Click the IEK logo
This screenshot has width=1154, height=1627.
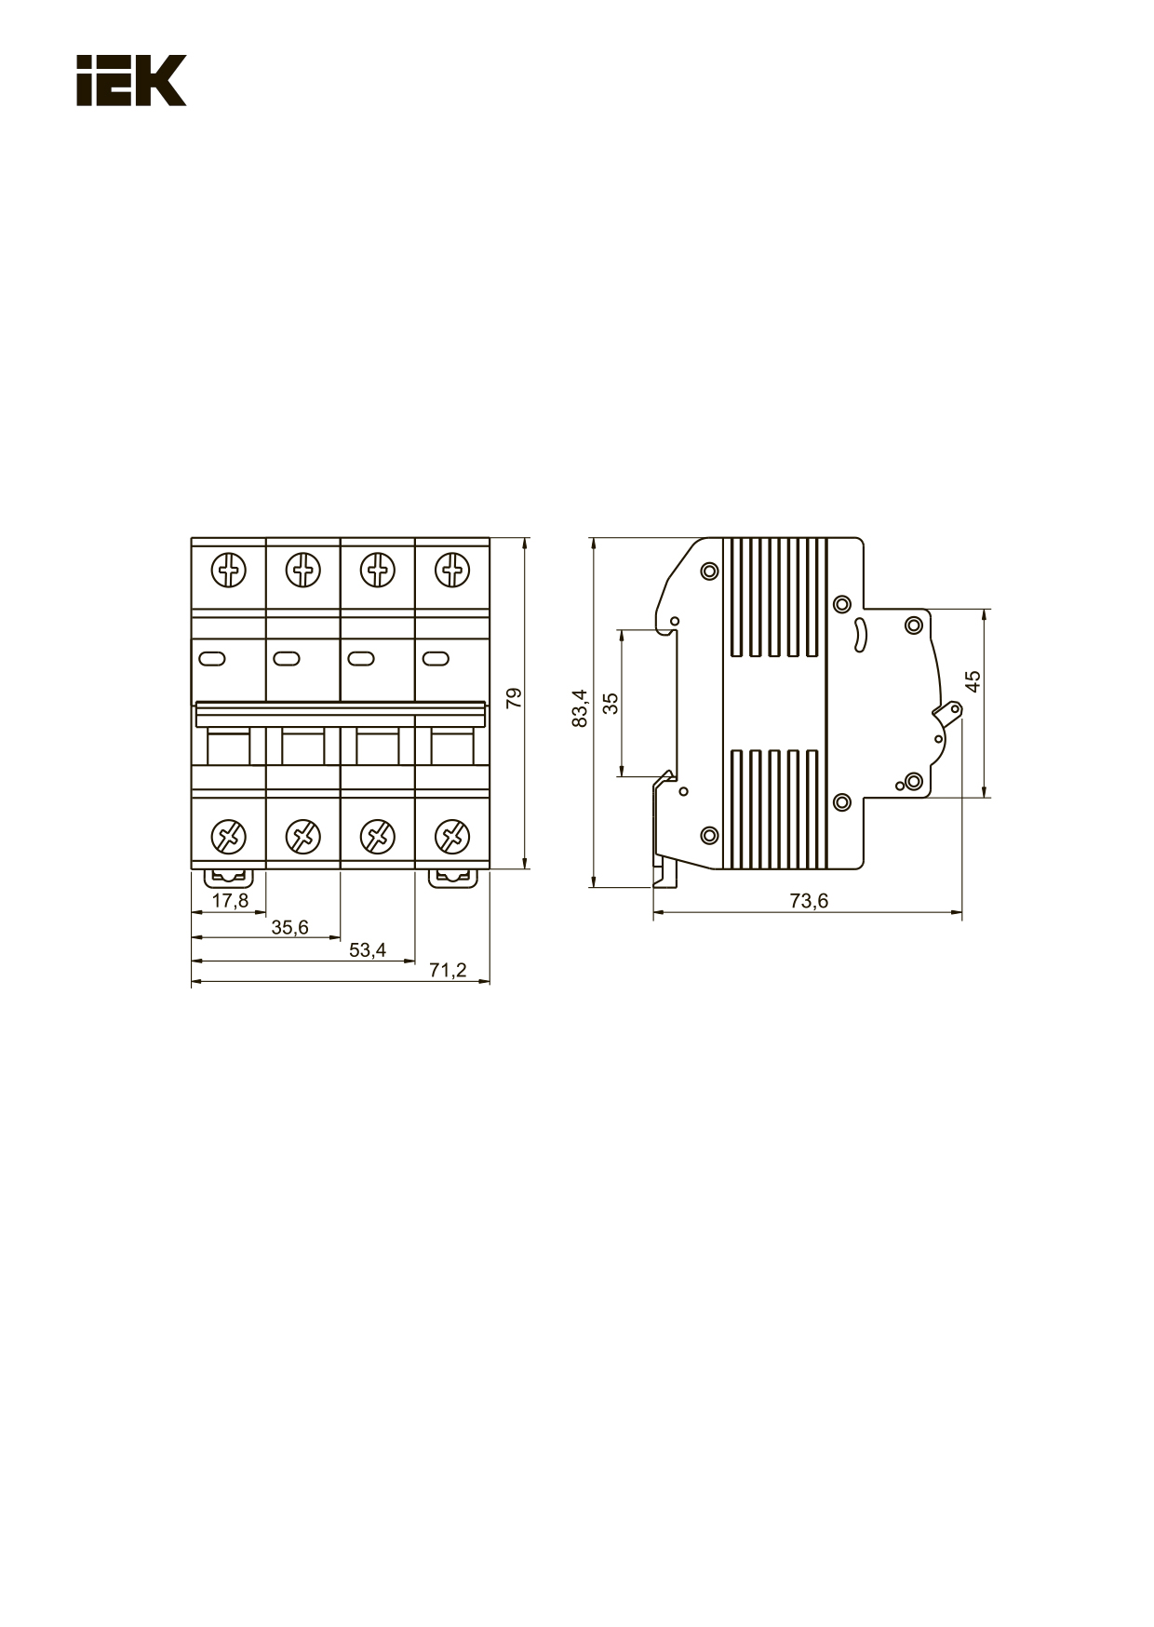coord(131,80)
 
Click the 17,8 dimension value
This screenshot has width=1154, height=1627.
coord(230,900)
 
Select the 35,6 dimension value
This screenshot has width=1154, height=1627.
coord(289,927)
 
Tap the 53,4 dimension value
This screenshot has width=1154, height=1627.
coord(368,950)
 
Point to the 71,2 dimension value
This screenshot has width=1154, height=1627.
coord(448,971)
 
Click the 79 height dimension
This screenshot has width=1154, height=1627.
coord(514,699)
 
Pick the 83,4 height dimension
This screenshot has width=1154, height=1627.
coord(580,708)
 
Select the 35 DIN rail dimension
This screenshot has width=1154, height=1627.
coord(611,703)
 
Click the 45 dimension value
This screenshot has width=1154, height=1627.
coord(973,681)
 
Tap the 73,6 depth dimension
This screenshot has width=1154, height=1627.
coord(809,901)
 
